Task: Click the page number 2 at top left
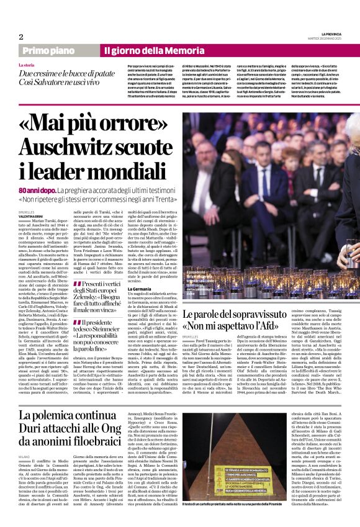pyautogui.click(x=20, y=37)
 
